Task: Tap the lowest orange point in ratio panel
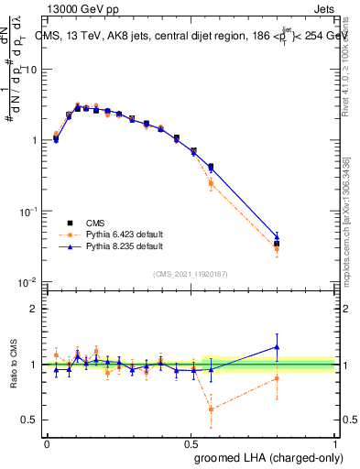pyautogui.click(x=212, y=409)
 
